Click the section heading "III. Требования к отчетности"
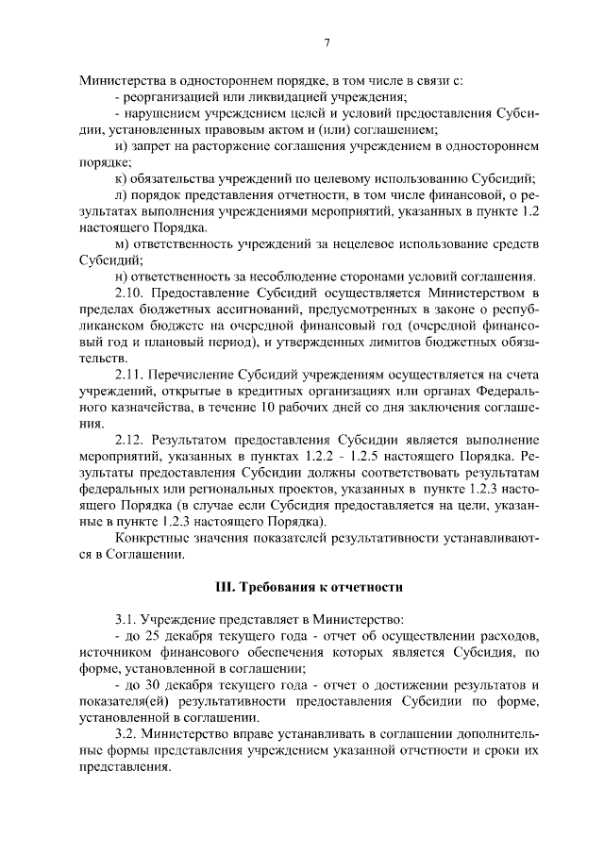(x=310, y=586)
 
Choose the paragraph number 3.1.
(x=126, y=620)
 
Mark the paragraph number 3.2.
(x=126, y=734)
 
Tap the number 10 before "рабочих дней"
(x=351, y=408)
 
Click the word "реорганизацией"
(x=170, y=96)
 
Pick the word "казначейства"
(x=138, y=408)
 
